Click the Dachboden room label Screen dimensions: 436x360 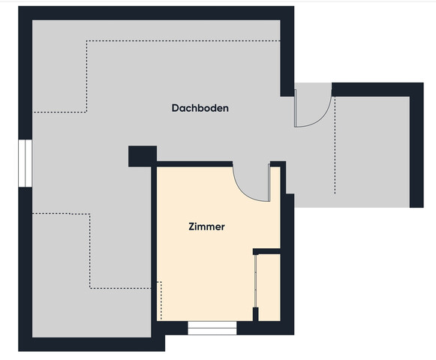[200, 108]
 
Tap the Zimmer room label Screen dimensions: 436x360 [206, 226]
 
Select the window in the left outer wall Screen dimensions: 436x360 [26, 163]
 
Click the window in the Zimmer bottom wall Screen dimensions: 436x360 [212, 328]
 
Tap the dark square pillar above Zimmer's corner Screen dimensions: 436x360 [143, 156]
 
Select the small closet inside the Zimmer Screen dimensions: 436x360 [269, 287]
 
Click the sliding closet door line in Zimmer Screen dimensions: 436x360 [256, 281]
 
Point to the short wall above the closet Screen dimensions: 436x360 [266, 251]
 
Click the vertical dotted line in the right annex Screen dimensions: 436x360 [335, 145]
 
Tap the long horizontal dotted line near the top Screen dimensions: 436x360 [183, 41]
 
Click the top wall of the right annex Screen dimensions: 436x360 [377, 89]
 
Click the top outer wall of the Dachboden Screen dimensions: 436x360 [156, 13]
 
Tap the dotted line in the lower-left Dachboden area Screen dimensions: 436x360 [90, 251]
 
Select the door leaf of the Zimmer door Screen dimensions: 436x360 [269, 182]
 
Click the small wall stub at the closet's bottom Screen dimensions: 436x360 [256, 314]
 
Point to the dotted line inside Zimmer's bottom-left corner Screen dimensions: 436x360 [161, 301]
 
